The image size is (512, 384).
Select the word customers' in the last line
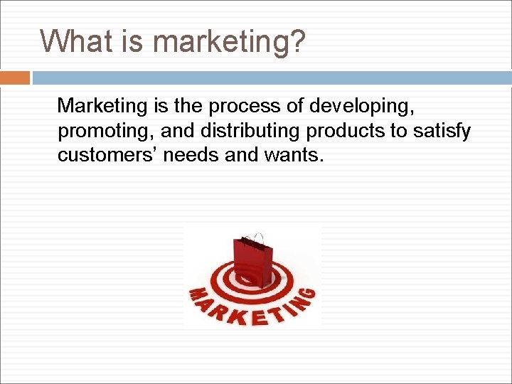107,155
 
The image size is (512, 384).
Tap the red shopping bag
252,260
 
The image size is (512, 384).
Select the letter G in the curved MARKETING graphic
307,294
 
